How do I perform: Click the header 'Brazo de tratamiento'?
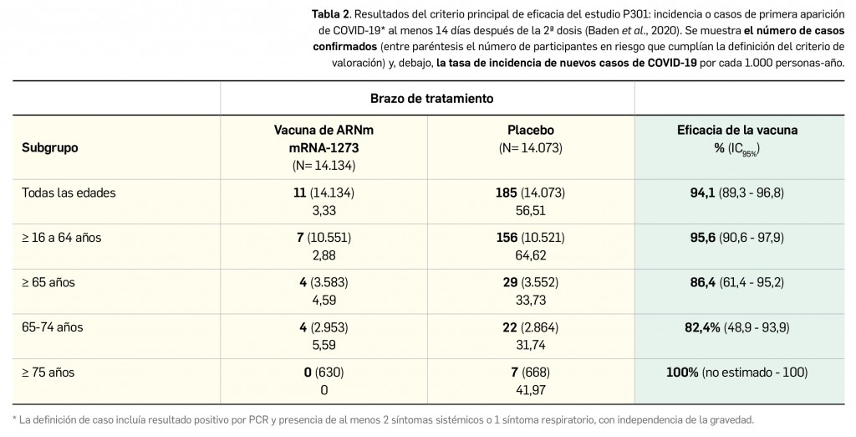pyautogui.click(x=431, y=98)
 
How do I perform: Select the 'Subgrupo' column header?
pyautogui.click(x=50, y=147)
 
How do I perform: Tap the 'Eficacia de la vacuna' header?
pyautogui.click(x=736, y=131)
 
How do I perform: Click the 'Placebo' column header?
pyautogui.click(x=531, y=131)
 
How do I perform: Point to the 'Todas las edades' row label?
pyautogui.click(x=69, y=193)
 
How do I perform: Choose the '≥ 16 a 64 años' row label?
pyautogui.click(x=61, y=238)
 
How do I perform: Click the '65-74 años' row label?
pyautogui.click(x=52, y=327)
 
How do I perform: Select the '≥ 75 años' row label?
pyautogui.click(x=49, y=372)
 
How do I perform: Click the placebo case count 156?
pyautogui.click(x=507, y=238)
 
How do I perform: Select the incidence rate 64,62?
pyautogui.click(x=531, y=254)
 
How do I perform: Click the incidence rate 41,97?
pyautogui.click(x=531, y=389)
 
